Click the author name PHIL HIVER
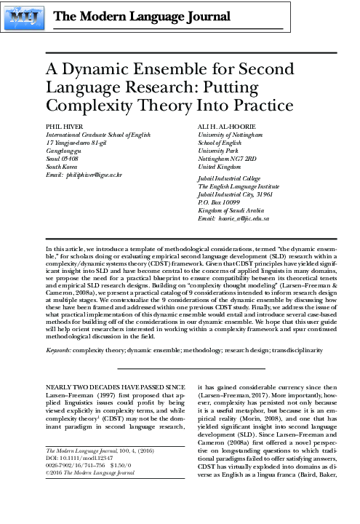(x=63, y=127)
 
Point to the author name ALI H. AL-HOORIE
(x=225, y=127)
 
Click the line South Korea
(x=63, y=167)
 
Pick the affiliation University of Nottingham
(x=228, y=135)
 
